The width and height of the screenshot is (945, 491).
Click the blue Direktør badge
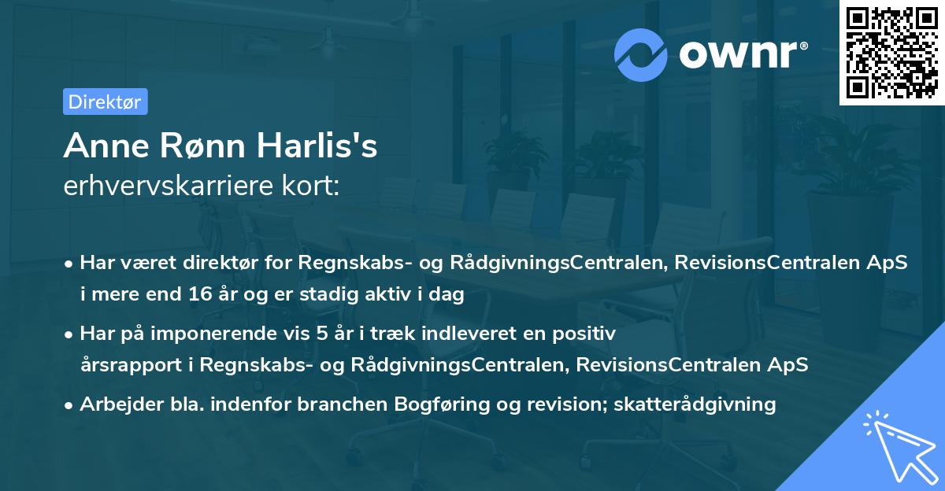pyautogui.click(x=105, y=102)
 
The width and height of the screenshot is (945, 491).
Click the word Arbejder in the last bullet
pyautogui.click(x=115, y=404)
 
